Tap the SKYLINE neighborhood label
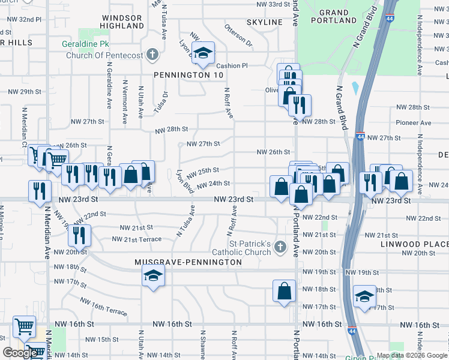(x=264, y=22)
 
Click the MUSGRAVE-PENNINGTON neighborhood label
(x=188, y=262)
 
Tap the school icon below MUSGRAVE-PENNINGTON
(x=153, y=276)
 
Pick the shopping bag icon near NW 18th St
(x=285, y=290)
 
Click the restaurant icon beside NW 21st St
(x=79, y=235)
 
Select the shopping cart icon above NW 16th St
(x=24, y=327)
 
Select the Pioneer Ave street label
(x=414, y=123)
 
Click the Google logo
(x=21, y=353)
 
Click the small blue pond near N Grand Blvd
(x=355, y=89)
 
